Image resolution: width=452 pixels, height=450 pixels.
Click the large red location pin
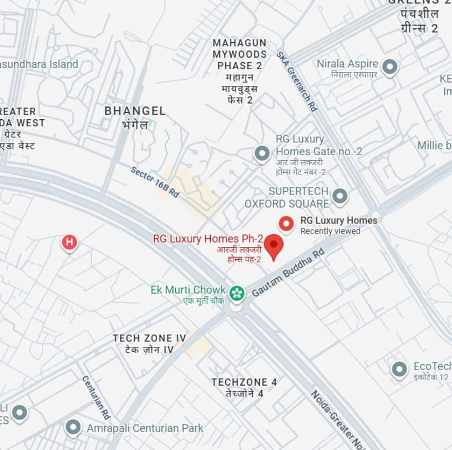(x=273, y=246)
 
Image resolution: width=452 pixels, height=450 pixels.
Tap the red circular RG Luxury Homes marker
(x=286, y=223)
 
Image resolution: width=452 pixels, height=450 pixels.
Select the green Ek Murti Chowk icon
(x=237, y=293)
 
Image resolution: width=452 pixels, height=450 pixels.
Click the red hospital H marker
(x=69, y=242)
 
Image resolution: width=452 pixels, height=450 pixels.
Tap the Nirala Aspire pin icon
(x=390, y=68)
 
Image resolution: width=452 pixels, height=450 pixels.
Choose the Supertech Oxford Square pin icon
(x=339, y=196)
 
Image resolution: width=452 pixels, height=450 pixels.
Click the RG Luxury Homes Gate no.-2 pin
(x=262, y=154)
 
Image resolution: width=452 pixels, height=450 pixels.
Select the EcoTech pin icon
(x=399, y=370)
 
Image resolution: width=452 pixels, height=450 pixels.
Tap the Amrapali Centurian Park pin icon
(x=73, y=427)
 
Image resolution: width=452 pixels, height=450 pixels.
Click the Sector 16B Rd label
(x=155, y=182)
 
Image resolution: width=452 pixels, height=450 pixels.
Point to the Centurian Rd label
(x=97, y=397)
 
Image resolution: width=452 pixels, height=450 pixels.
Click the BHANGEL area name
(x=135, y=111)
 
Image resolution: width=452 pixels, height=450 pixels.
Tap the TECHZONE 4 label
(x=244, y=382)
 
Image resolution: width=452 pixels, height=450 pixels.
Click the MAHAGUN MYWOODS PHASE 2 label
(x=240, y=54)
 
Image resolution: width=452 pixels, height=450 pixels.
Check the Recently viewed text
(x=330, y=231)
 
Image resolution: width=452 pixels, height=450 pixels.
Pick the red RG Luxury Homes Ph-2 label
(x=207, y=239)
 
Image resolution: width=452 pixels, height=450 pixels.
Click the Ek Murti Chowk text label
(x=188, y=290)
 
